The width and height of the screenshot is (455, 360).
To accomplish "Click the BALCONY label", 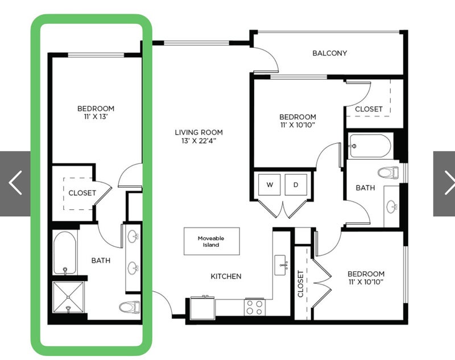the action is pos(330,53).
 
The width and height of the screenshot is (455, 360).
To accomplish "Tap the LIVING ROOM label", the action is pos(198,133).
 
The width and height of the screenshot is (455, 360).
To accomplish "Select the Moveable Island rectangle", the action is pos(212,241).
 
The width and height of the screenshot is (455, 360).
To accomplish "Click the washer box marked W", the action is pos(270,185).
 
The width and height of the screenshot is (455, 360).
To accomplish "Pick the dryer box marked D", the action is pos(296,185).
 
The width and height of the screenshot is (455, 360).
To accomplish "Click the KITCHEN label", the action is pos(226,276).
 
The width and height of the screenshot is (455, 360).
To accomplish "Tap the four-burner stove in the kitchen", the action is pos(255,307).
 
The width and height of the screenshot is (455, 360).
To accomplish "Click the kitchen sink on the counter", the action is pos(282,264).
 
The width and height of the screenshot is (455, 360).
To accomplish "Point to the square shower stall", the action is pos(68,297).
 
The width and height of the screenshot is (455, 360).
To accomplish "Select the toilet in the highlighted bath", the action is pos(130,307).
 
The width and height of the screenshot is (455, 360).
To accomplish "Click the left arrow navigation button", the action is pos(15,183).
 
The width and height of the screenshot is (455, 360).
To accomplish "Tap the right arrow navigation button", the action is pos(444,183).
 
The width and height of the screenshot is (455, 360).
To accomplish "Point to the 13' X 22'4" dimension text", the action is pos(198,141).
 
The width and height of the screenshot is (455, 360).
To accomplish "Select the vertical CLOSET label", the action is pos(300,284).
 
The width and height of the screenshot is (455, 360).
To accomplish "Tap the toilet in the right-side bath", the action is pos(388,172).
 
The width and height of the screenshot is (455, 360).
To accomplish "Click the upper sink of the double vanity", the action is pos(133,236).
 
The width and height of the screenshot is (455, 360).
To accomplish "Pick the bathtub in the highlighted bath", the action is pos(65,253).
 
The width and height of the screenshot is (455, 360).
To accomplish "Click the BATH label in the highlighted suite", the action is pos(101,260).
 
